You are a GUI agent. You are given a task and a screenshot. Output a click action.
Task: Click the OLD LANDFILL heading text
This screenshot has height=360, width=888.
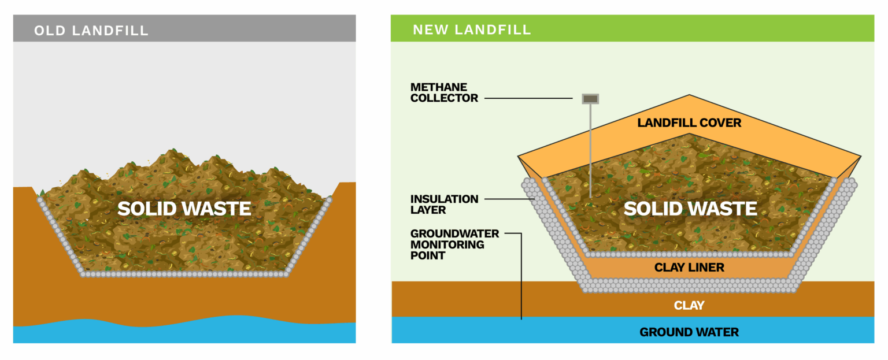91,30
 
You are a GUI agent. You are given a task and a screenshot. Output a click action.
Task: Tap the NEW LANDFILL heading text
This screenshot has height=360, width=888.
472,29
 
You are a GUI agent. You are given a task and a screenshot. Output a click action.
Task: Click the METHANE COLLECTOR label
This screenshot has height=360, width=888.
444,92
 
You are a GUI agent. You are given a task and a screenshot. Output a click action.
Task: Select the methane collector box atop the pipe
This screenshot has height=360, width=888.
590,99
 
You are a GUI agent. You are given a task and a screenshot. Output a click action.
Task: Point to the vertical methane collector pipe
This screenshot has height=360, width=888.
590,150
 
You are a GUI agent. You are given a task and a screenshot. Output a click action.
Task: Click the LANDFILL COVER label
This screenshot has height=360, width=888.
689,123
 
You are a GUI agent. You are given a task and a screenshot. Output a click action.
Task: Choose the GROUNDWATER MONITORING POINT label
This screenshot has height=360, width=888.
454,244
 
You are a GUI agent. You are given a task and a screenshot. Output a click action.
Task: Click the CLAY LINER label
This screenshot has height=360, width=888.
689,268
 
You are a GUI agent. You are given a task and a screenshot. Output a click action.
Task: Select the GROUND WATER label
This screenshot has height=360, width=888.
689,332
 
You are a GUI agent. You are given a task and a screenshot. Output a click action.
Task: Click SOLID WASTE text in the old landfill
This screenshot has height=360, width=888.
184,209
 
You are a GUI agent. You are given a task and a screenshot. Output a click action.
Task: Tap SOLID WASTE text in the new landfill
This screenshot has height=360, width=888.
690,209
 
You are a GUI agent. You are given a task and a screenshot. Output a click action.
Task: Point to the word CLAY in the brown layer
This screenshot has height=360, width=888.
689,305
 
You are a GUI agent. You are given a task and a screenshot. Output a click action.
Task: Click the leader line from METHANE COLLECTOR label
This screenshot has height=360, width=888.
532,99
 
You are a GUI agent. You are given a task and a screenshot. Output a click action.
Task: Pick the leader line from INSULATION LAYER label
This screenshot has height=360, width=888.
509,199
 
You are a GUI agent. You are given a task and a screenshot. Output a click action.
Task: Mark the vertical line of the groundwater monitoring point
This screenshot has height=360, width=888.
521,277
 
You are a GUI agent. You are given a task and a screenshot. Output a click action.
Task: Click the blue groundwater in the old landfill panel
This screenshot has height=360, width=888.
173,332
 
